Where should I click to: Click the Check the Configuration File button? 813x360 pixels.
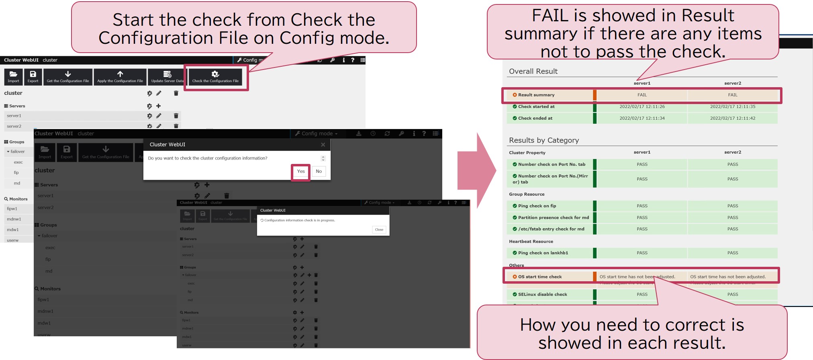pos(215,76)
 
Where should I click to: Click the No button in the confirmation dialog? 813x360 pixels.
pos(319,171)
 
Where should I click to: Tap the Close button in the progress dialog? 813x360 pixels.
pos(379,229)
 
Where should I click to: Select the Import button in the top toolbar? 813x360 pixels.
pos(13,76)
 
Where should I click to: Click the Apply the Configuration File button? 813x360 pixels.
pos(120,76)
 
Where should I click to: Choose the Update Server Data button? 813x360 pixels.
pos(167,76)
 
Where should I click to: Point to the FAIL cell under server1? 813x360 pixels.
pos(642,95)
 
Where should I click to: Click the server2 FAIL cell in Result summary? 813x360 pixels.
pos(732,95)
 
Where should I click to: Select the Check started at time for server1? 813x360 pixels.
pos(642,107)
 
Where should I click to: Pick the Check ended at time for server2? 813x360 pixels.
pos(732,119)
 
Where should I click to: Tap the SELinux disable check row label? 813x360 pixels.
pos(542,295)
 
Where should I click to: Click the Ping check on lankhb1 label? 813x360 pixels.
pos(543,253)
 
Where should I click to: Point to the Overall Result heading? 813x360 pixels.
pos(533,72)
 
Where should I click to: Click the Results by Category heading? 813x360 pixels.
pos(544,141)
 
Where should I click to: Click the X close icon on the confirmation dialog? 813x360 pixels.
pos(323,145)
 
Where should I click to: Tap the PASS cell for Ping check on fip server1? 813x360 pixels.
pos(642,206)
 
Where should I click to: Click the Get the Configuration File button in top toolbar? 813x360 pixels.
pos(68,76)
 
